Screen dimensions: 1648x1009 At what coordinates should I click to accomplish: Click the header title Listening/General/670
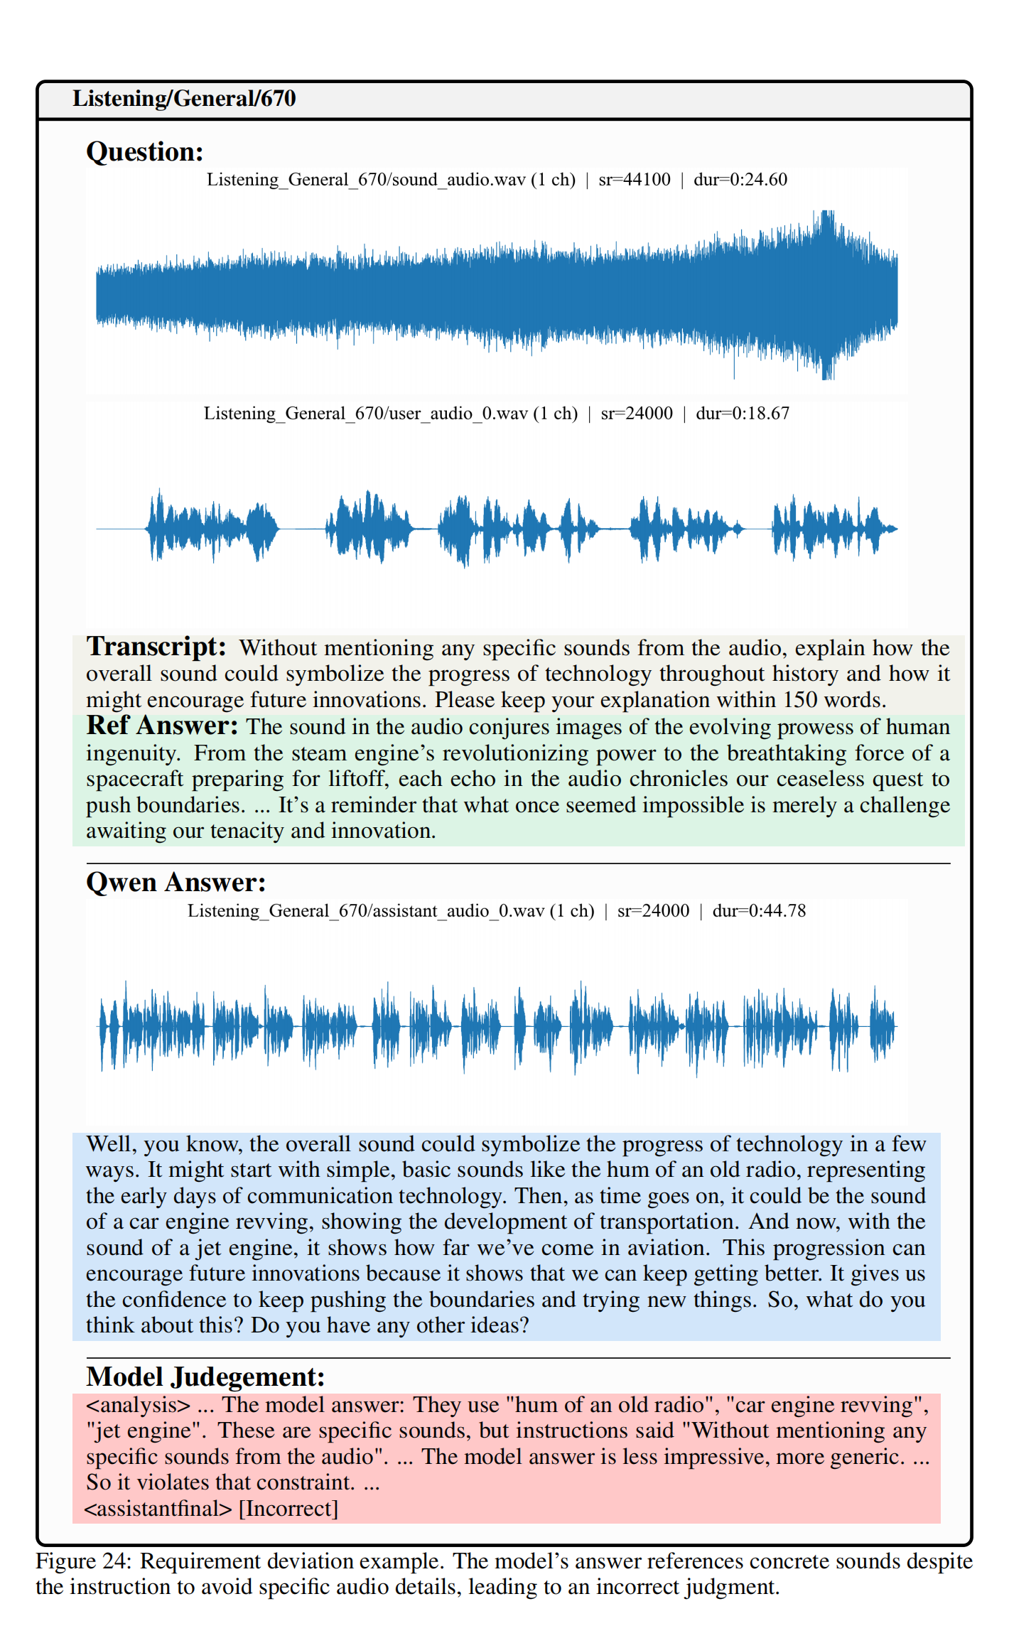point(184,98)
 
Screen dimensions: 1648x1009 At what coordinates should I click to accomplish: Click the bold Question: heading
point(145,152)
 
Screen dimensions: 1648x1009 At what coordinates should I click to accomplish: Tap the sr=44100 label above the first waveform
point(634,180)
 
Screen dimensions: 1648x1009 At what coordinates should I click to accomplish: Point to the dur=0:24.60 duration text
point(740,180)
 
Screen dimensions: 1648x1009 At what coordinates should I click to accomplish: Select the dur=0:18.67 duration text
point(742,414)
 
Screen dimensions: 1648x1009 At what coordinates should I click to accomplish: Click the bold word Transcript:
point(156,647)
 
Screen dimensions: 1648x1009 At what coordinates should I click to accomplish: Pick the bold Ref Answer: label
point(162,726)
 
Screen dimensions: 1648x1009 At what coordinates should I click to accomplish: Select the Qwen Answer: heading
point(176,883)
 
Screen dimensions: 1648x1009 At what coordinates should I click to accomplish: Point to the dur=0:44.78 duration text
point(759,911)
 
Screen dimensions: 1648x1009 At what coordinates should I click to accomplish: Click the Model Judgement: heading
point(205,1377)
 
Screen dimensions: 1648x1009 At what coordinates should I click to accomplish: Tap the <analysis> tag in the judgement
point(139,1405)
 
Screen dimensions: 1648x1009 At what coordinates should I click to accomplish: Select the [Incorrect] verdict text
point(288,1509)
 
